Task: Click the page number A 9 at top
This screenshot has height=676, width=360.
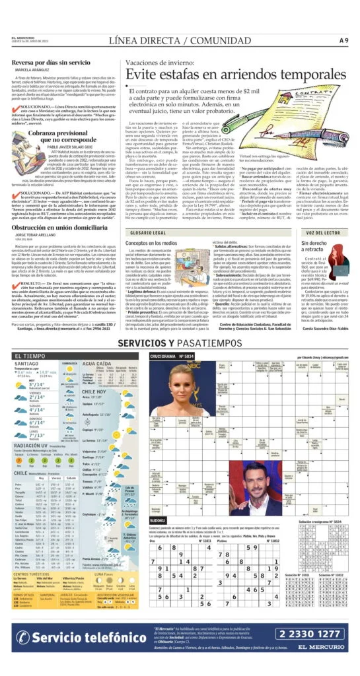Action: (x=343, y=40)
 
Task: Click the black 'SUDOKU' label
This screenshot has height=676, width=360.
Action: (x=159, y=521)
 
